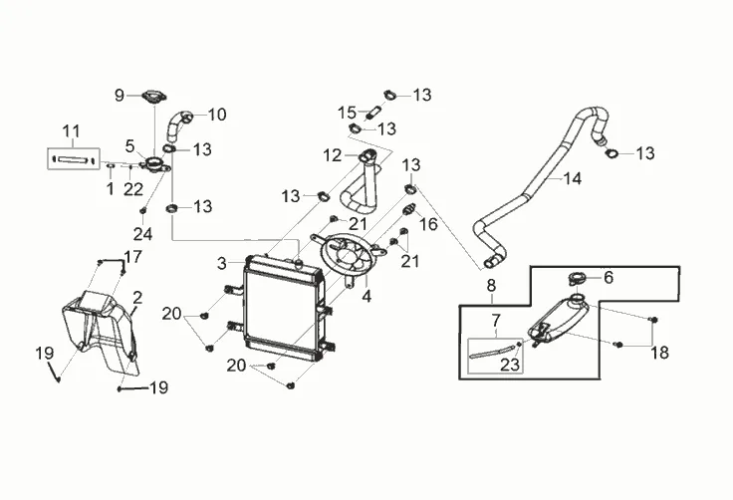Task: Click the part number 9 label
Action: tap(120, 96)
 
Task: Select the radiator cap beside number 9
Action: tap(154, 97)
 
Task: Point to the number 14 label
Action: tap(572, 180)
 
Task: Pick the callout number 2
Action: tap(137, 296)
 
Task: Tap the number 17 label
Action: tap(132, 256)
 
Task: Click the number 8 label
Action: tap(491, 287)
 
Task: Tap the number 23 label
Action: tap(510, 365)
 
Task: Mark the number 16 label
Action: tap(429, 224)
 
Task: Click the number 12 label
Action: tap(332, 154)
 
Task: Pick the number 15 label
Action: tap(347, 111)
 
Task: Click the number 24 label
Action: tap(143, 235)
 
